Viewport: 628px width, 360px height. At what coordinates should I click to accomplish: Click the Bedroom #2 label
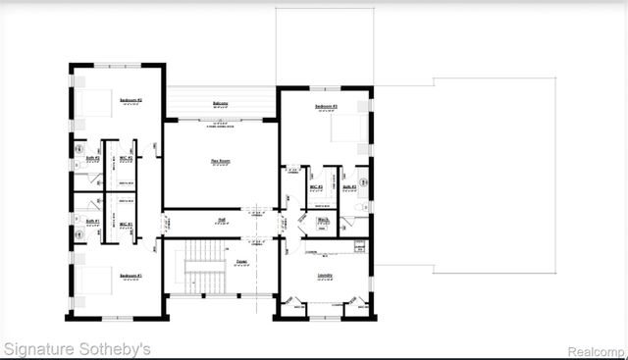tap(131, 100)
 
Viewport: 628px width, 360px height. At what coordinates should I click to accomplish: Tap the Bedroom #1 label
tap(131, 276)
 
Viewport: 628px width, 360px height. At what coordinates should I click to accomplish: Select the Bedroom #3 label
tap(327, 106)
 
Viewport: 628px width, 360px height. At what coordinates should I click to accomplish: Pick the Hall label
tap(222, 220)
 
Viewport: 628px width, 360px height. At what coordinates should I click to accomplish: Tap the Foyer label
tap(240, 261)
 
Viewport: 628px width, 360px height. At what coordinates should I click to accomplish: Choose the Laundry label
tap(325, 276)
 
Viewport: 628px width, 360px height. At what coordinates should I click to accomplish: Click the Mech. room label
tap(323, 220)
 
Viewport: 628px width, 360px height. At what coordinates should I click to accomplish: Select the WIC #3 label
tap(316, 186)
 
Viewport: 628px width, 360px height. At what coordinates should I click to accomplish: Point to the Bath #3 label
tap(349, 186)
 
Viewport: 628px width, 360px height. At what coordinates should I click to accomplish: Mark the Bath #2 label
tap(92, 157)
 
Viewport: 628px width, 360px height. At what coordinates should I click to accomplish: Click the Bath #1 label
tap(92, 222)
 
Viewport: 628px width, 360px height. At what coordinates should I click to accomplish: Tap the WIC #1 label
tap(126, 225)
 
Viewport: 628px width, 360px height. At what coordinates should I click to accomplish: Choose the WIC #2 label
tap(126, 157)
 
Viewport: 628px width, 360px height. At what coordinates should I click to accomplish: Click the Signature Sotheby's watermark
tap(77, 348)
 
